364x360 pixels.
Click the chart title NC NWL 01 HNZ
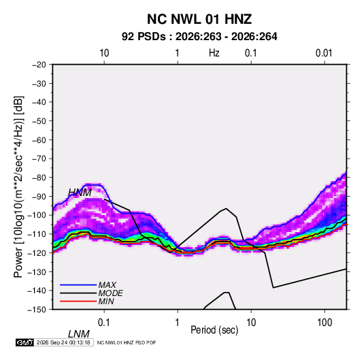coord(199,19)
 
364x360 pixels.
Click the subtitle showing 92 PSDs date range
coord(199,37)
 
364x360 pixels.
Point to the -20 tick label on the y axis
coord(39,65)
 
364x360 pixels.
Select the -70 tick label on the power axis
coord(39,159)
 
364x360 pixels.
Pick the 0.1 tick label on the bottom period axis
coord(104,323)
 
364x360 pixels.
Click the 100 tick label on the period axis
coord(325,323)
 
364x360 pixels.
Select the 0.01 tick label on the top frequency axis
coord(324,53)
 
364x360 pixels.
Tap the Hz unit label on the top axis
coord(214,53)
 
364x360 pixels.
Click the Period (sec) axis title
coord(214,330)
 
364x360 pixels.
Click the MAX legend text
coord(107,284)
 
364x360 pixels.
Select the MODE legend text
coord(110,293)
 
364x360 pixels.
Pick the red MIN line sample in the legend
coord(78,301)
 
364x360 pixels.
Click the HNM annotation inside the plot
coord(80,193)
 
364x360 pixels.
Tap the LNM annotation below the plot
coord(79,334)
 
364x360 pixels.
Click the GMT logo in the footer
coord(25,342)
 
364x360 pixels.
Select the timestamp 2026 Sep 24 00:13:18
coord(63,342)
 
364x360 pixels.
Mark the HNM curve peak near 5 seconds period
coord(226,208)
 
